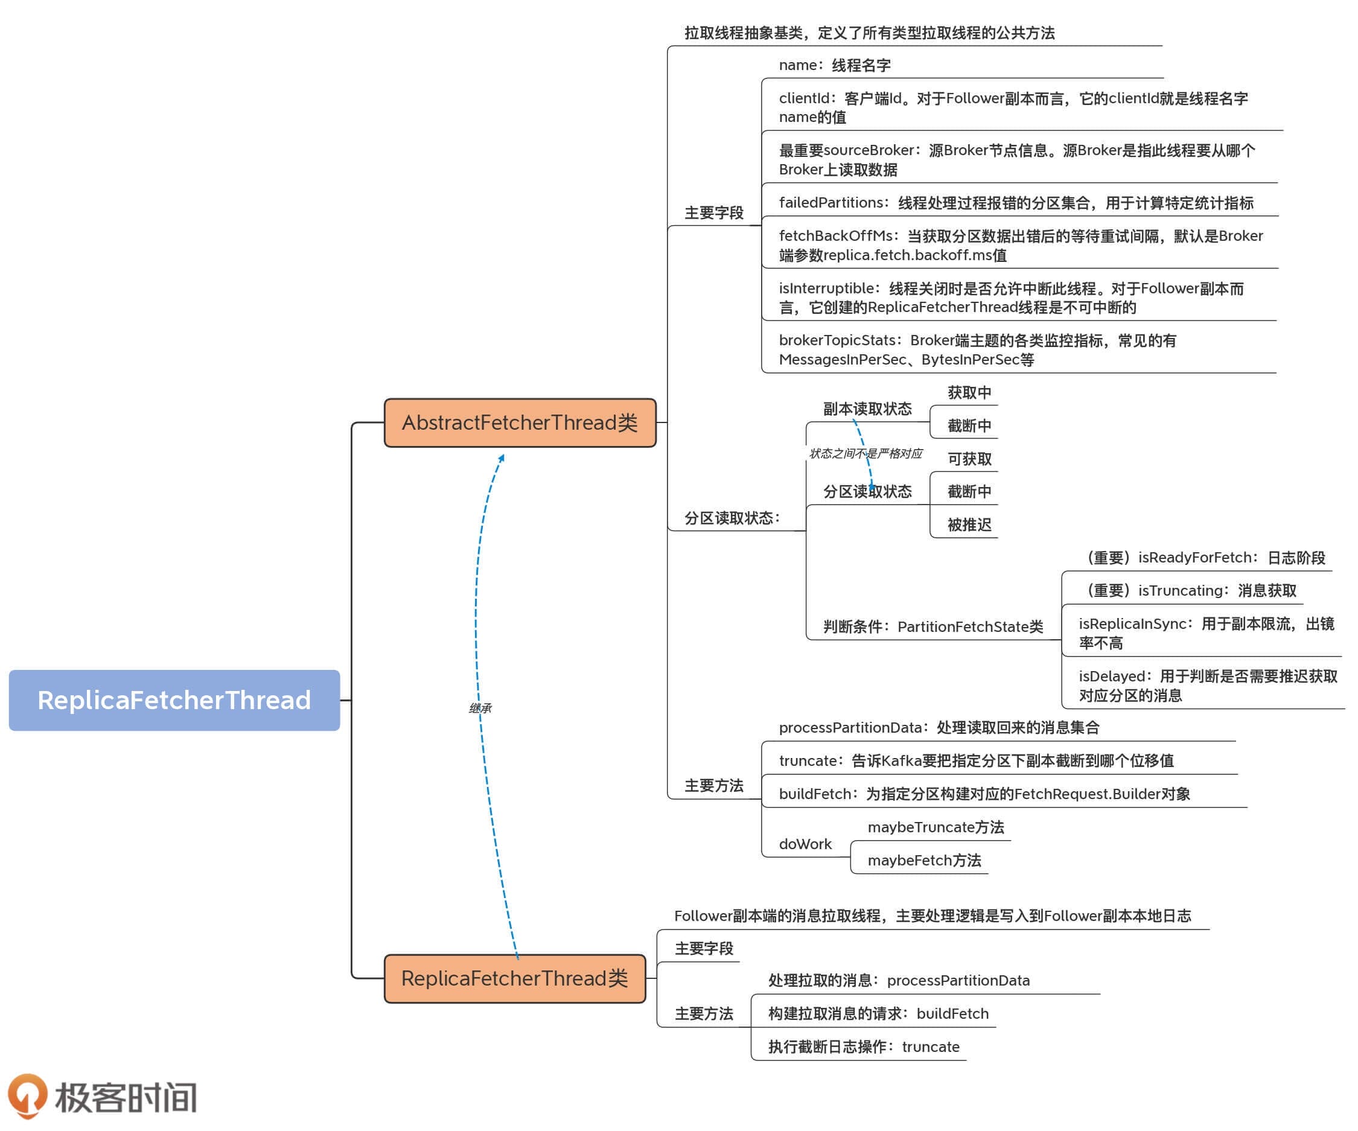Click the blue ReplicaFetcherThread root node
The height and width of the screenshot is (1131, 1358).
pos(174,700)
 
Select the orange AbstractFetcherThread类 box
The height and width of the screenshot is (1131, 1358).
pos(520,423)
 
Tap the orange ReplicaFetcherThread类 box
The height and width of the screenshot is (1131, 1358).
pos(515,978)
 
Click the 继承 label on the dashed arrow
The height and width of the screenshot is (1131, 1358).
pos(480,708)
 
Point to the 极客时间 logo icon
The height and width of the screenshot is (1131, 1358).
pos(27,1095)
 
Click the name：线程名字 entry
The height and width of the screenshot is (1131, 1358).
pos(834,65)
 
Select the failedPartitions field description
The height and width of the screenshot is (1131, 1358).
pos(1015,203)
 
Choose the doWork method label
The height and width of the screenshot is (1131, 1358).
pos(805,844)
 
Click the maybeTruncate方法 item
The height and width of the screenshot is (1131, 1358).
pos(935,827)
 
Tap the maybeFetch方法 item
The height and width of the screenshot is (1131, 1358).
pos(924,860)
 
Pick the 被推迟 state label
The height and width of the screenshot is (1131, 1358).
pos(969,524)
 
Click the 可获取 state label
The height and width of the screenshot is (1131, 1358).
pos(969,459)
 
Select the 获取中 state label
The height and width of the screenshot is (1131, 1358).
pos(969,392)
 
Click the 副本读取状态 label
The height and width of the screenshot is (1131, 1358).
pos(867,409)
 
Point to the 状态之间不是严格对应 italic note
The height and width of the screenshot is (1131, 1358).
pos(865,453)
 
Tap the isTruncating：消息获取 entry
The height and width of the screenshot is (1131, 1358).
pos(1191,590)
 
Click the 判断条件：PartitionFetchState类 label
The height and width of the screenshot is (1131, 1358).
pos(932,626)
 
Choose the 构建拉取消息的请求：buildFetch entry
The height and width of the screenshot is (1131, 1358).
pos(878,1013)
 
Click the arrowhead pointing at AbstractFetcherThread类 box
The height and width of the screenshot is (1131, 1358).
pos(502,458)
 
